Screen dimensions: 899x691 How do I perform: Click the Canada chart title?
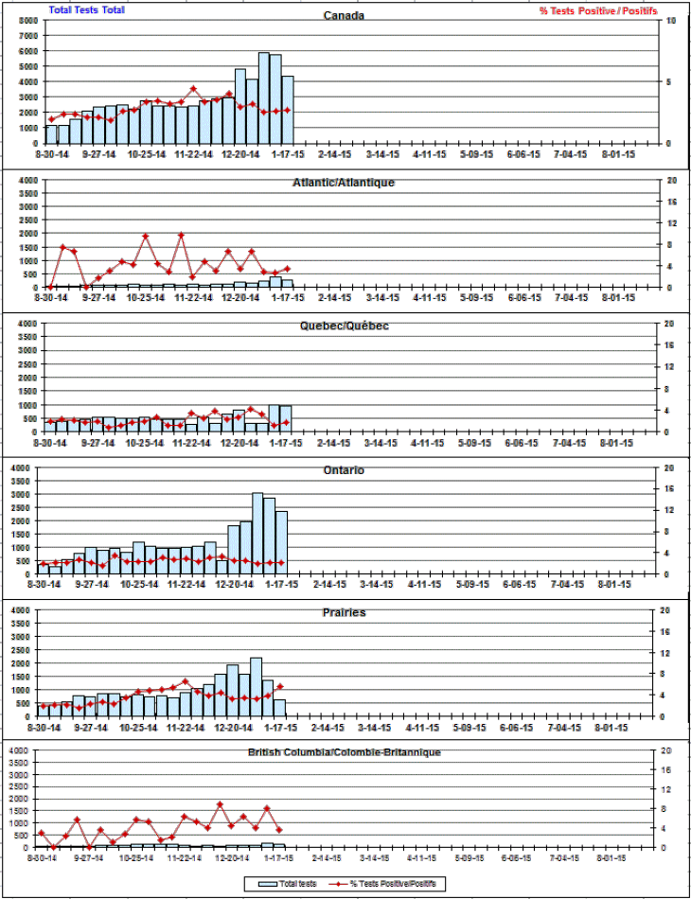coord(344,16)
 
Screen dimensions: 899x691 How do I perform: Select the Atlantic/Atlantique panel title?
coord(344,182)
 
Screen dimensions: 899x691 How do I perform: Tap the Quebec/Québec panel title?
coord(344,326)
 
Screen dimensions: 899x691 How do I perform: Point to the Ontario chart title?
coord(344,470)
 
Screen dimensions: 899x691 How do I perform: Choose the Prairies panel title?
coord(344,613)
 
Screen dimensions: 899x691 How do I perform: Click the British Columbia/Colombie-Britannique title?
coord(344,752)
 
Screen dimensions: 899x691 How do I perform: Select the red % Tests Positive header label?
coord(597,10)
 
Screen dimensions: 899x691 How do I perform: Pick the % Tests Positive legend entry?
coord(383,884)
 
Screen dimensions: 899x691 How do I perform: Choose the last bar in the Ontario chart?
coord(281,541)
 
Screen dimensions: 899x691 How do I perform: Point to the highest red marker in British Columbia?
coord(220,804)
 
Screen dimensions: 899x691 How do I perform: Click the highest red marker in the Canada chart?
coord(193,89)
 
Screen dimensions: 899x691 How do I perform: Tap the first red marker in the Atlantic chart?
coord(51,286)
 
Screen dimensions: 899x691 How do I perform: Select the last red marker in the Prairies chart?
coord(280,687)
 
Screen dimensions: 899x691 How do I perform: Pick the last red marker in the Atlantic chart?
coord(287,269)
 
